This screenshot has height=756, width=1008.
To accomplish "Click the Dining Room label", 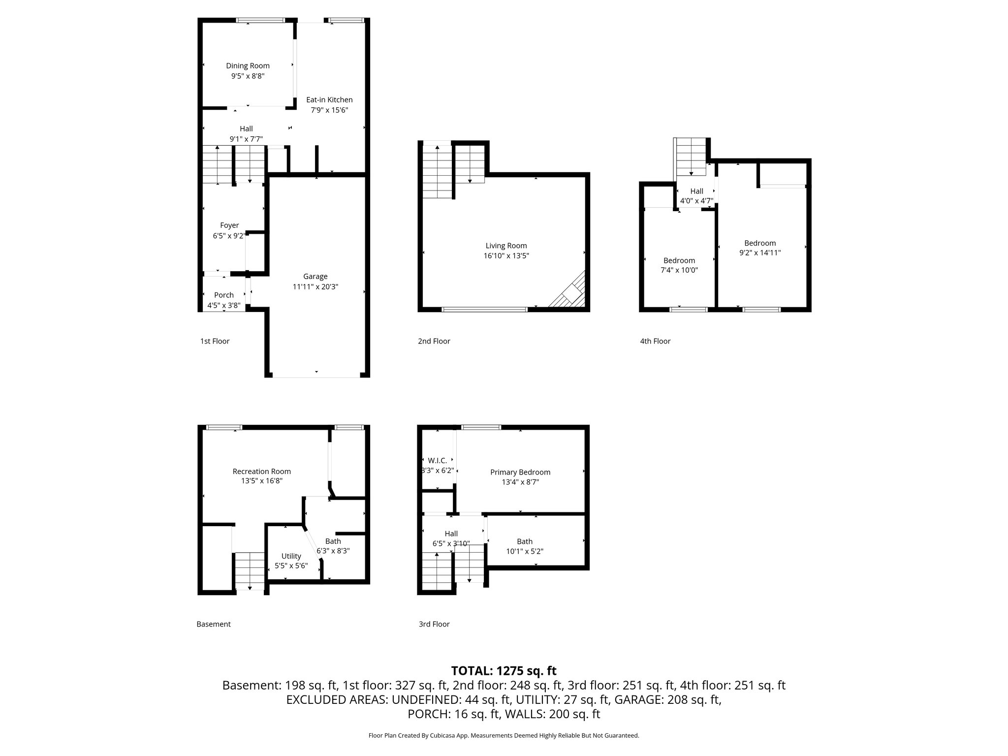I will (248, 66).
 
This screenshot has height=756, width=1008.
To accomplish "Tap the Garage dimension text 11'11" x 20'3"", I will (315, 287).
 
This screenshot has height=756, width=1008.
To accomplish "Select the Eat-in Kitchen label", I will (329, 100).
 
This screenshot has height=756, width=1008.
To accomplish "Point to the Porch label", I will (223, 295).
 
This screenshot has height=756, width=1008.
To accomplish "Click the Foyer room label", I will (229, 225).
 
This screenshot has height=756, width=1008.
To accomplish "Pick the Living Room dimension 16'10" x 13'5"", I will (506, 256).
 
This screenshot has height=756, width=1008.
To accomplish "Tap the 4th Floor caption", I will (655, 341).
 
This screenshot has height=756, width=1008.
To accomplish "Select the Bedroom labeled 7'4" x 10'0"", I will (679, 261).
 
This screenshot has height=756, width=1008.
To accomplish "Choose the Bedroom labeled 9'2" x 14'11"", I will (760, 243).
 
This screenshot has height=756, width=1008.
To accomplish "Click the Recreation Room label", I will (261, 472).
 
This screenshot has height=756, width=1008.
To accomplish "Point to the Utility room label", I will (291, 556).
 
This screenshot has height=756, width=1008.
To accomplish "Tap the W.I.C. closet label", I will (437, 461).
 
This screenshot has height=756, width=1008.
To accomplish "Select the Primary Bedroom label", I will (520, 472).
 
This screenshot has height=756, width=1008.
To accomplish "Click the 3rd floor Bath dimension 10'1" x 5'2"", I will (525, 552).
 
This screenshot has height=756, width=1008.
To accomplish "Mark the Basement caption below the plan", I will (213, 624).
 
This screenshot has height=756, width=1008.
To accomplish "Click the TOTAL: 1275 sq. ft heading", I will (504, 671).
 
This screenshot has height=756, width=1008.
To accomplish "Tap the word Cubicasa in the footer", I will (442, 735).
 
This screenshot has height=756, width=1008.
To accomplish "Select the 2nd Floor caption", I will (434, 341).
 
